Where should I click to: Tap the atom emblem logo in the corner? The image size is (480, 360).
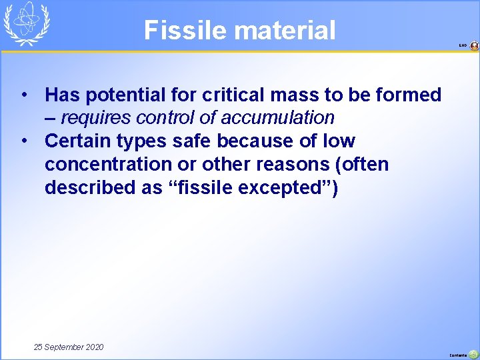coord(27,24)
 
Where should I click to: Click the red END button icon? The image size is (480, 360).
coord(474,46)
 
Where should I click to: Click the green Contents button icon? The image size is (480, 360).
coord(473,354)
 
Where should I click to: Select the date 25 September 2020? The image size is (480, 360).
coord(69,347)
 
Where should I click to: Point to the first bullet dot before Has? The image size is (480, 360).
coord(24,95)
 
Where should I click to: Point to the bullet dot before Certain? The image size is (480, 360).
coord(24,141)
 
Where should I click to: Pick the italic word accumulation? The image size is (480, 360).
coord(277,118)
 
